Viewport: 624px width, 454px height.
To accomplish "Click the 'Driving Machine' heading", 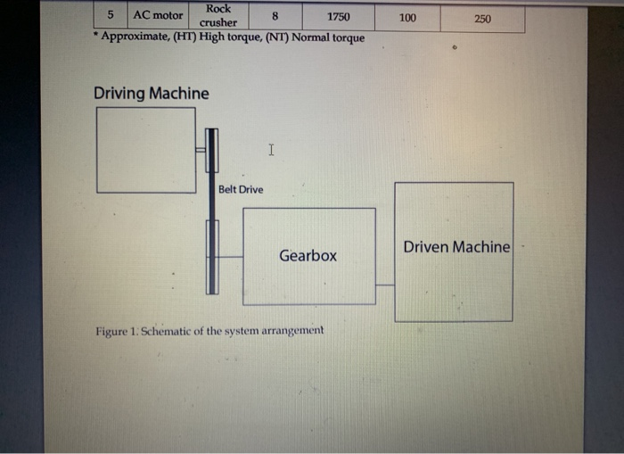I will point(152,94).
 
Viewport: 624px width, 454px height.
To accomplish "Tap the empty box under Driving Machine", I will point(146,150).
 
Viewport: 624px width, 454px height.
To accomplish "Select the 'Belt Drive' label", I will point(241,189).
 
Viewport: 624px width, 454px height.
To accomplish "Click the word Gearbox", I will point(308,256).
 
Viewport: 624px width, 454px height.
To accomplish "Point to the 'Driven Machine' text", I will point(456,247).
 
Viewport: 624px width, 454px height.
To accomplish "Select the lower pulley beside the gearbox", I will point(212,257).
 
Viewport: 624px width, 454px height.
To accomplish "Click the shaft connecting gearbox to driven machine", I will point(385,285).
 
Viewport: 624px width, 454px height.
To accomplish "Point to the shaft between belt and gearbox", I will point(230,257).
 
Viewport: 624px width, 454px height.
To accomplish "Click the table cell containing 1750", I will point(338,17).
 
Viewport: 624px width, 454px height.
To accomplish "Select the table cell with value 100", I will point(407,17).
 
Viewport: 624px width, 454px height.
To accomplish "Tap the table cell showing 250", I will point(482,18).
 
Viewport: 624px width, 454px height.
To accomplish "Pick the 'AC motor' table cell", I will point(158,15).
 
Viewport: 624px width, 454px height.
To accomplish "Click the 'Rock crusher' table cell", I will point(218,15).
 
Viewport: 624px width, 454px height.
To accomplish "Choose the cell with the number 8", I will point(275,16).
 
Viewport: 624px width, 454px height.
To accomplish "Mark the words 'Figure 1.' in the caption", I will point(118,331).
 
